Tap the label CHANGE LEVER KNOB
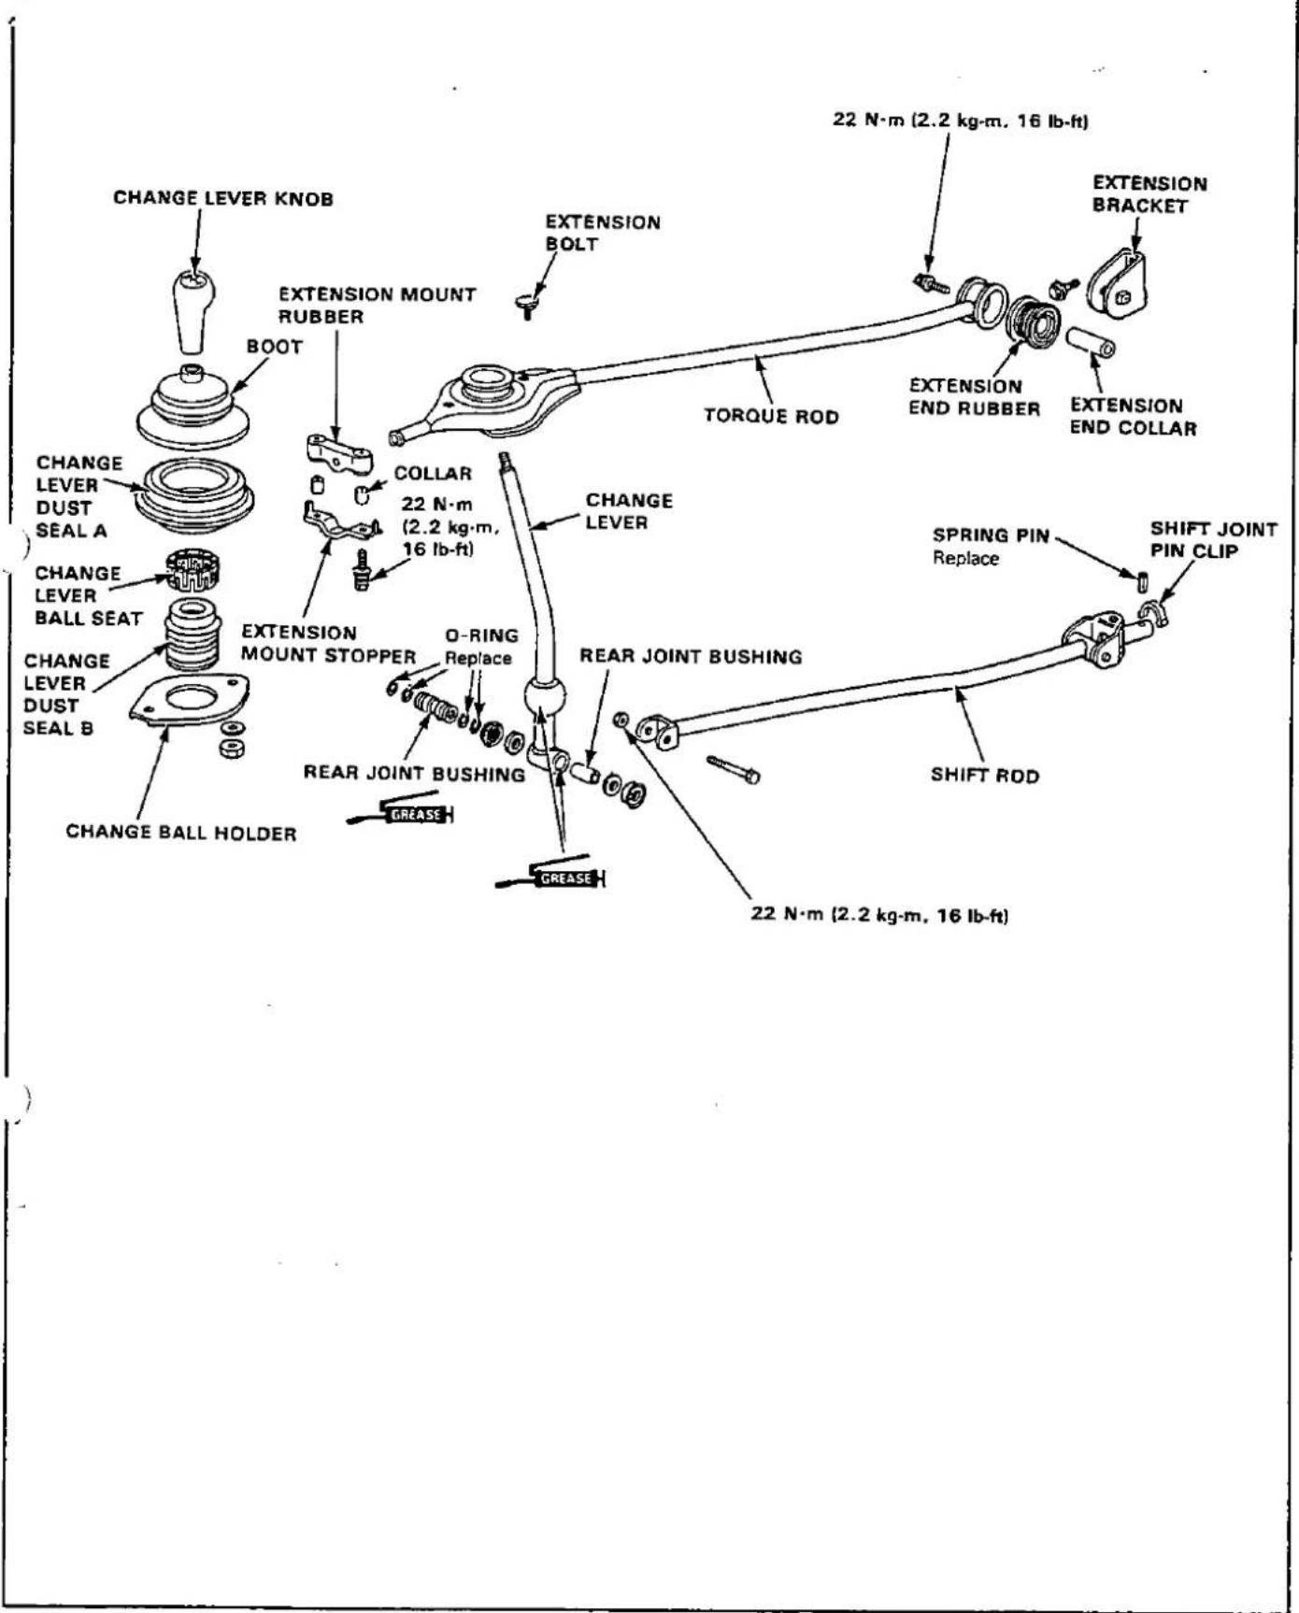[x=223, y=199]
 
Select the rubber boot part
[x=193, y=410]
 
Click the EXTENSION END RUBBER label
[x=974, y=397]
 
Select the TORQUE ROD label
[x=771, y=416]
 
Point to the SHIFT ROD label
[x=984, y=776]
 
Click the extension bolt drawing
[x=527, y=306]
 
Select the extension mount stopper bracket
[x=338, y=521]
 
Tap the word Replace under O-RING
[x=478, y=658]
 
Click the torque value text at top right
[x=960, y=121]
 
